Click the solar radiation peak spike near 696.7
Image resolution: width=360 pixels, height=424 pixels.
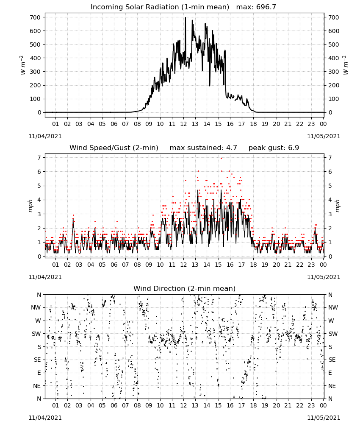tap(186, 18)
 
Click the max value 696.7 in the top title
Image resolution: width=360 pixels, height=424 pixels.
tap(266, 7)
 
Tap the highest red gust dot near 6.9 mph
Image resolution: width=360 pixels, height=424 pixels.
tap(221, 158)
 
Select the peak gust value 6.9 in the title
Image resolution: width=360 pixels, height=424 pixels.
tap(294, 148)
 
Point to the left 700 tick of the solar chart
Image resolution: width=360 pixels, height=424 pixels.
tap(35, 17)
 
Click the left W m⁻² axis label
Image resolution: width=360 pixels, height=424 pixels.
tap(23, 65)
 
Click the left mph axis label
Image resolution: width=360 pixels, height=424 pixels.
tap(30, 206)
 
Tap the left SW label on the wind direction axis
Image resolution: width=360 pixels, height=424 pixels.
tap(36, 334)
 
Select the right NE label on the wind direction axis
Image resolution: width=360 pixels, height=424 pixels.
tap(332, 386)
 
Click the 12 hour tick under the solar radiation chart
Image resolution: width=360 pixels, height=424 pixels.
tap(184, 124)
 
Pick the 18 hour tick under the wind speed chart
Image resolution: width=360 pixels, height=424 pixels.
tap(253, 265)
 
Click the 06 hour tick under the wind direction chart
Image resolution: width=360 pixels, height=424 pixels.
tap(114, 405)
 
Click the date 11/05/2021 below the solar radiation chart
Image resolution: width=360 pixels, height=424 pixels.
tap(324, 136)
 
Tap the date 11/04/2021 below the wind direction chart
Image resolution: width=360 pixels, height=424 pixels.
tap(45, 418)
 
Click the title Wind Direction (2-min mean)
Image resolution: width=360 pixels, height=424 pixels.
tap(185, 288)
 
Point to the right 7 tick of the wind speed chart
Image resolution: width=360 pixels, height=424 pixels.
tap(330, 158)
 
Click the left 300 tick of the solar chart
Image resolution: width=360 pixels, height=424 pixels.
tap(35, 72)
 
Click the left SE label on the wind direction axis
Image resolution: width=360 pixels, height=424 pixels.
tap(37, 360)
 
